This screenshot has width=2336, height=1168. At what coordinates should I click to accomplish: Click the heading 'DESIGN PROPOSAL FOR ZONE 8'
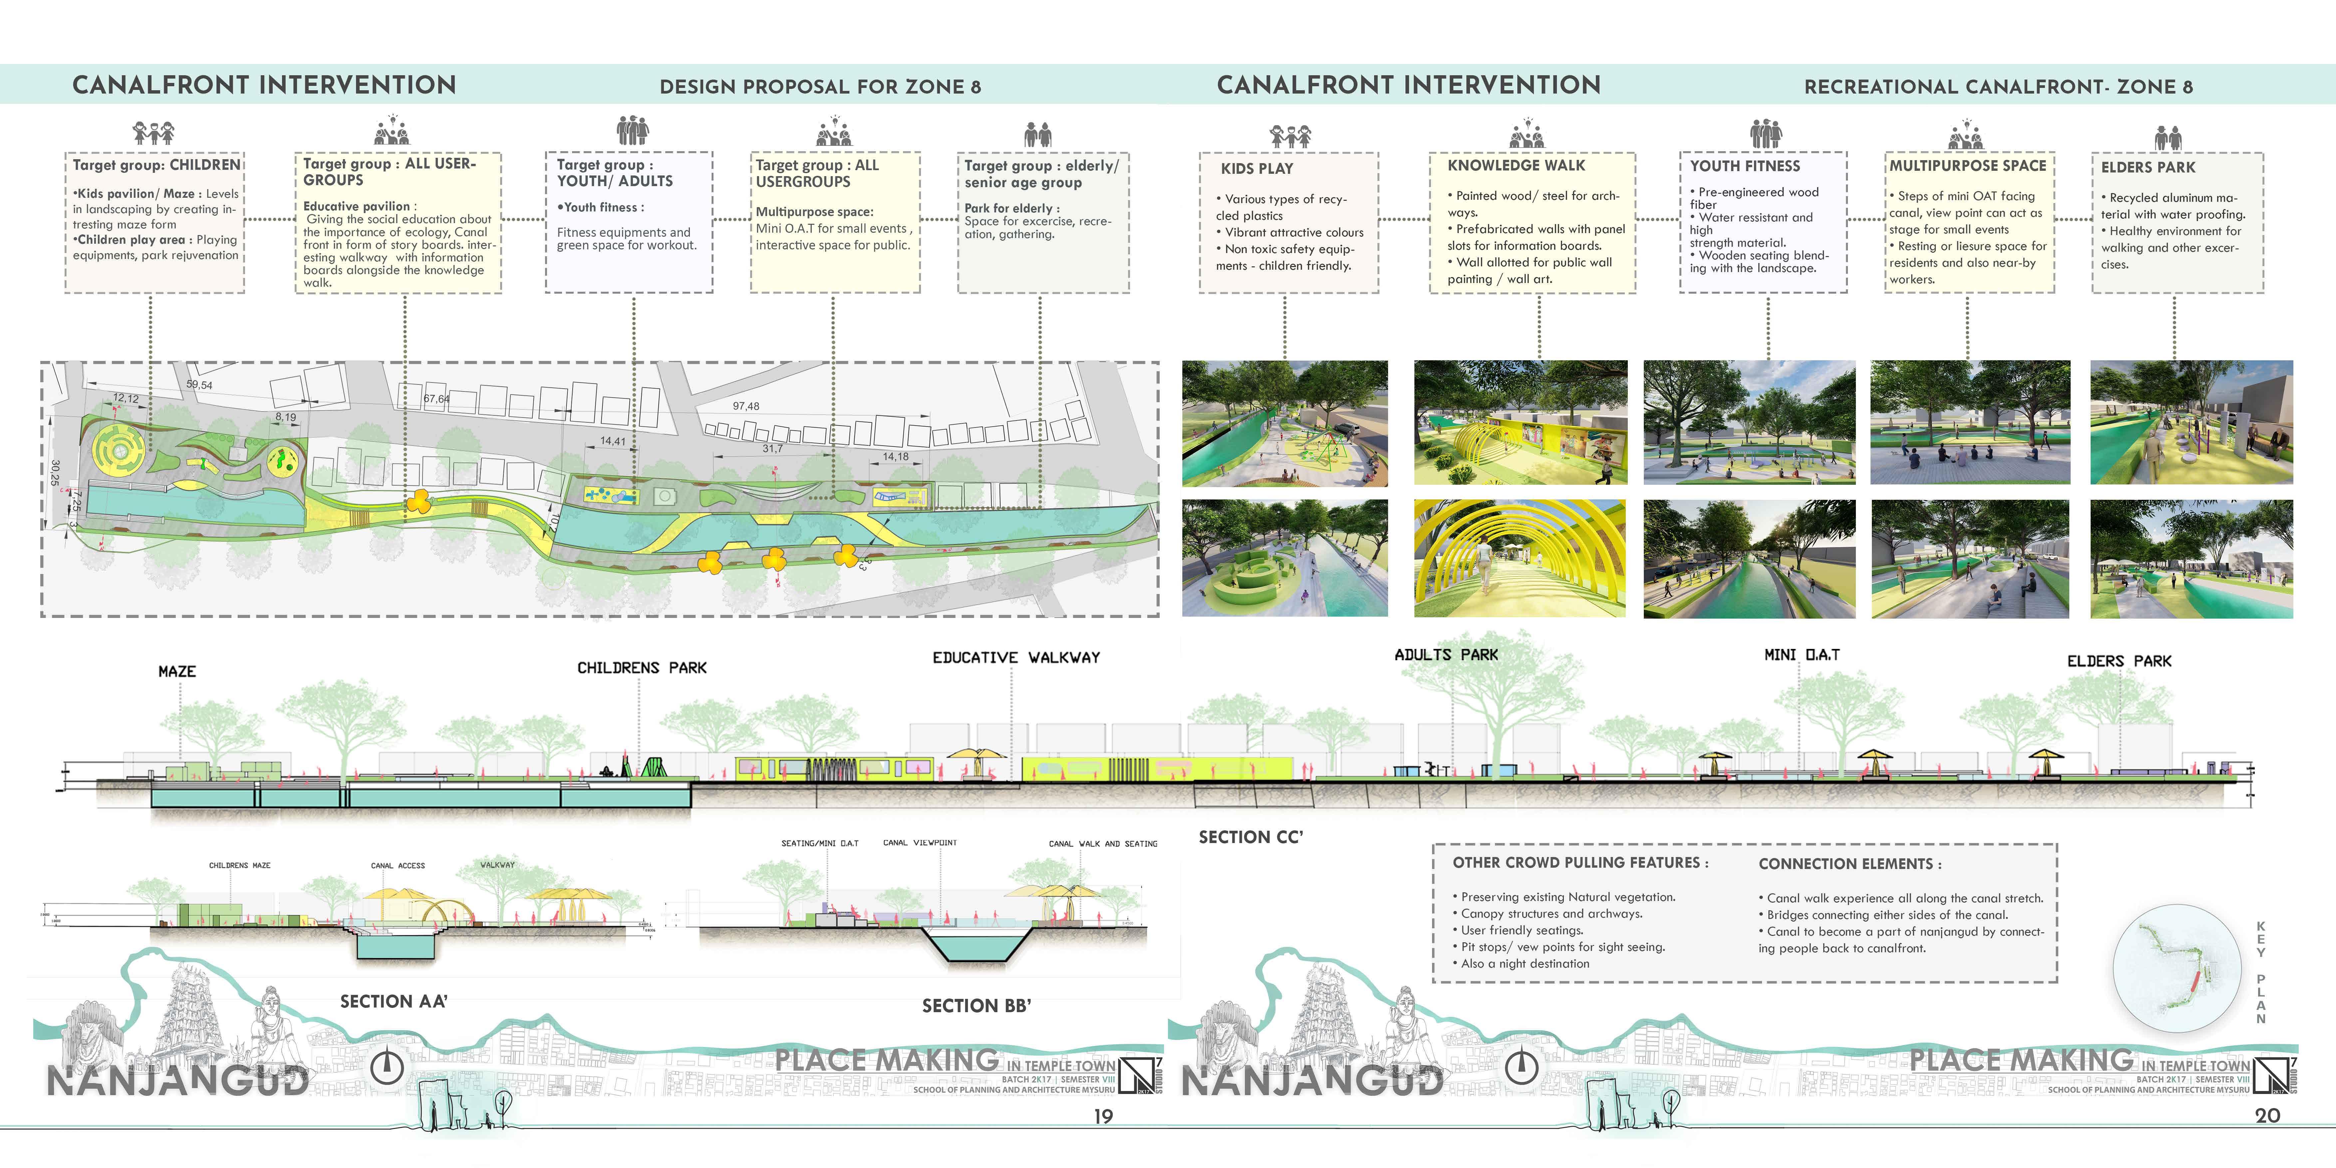click(x=820, y=87)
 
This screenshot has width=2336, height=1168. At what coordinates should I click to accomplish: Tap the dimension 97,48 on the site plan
click(x=745, y=406)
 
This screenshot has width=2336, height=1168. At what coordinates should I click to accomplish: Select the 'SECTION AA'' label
click(x=394, y=1001)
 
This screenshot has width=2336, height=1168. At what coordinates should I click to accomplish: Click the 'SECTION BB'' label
click(x=977, y=1006)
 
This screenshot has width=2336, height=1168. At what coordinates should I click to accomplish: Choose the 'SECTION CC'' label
click(x=1251, y=837)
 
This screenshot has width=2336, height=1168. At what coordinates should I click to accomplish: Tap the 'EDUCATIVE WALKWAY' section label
click(x=1016, y=658)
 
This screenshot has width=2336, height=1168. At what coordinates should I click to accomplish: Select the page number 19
click(x=1103, y=1116)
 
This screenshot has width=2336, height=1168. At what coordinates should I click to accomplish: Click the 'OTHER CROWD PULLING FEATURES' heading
click(x=1580, y=862)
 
